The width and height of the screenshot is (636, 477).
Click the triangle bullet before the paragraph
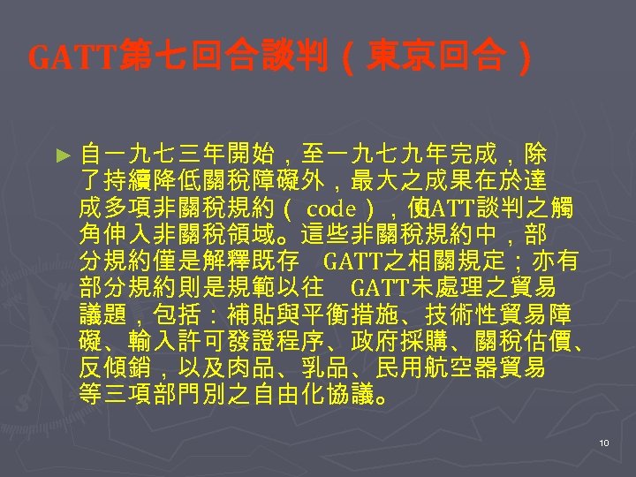[61, 155]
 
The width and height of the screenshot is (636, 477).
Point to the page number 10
[604, 443]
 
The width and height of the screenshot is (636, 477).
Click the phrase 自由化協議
[314, 394]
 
